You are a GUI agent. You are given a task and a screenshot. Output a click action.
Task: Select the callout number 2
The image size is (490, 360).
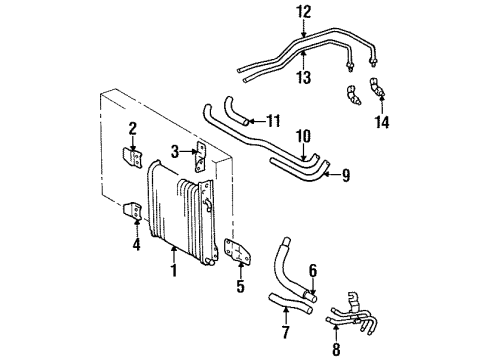132,127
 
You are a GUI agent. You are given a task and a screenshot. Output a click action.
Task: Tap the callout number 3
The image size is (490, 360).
175,152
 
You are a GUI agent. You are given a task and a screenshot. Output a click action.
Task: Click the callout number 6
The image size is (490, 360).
313,269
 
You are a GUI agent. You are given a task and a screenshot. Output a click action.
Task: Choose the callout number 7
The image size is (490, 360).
284,330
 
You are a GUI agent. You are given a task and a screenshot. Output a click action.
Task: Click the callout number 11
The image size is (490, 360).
272,121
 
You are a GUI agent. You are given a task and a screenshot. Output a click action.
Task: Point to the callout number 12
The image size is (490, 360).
304,11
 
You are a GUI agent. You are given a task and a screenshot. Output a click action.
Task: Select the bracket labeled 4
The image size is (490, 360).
133,213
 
